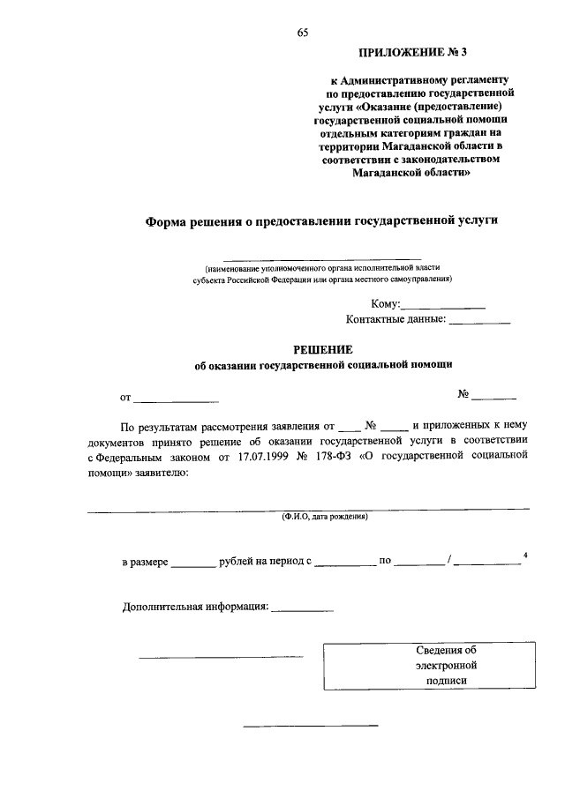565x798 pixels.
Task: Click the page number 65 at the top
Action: point(303,33)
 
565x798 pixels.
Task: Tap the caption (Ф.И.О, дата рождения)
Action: point(324,518)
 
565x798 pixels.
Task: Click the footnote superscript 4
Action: point(526,555)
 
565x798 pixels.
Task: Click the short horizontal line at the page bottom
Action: point(310,725)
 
